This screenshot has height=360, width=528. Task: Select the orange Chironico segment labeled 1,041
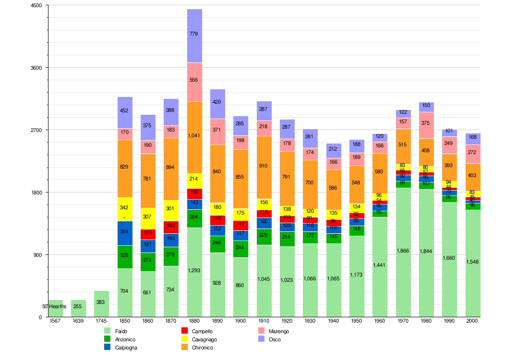(x=194, y=137)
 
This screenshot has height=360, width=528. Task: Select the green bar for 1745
(x=101, y=304)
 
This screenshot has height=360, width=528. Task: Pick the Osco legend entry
(x=274, y=339)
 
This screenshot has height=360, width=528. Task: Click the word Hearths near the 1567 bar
(x=58, y=306)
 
